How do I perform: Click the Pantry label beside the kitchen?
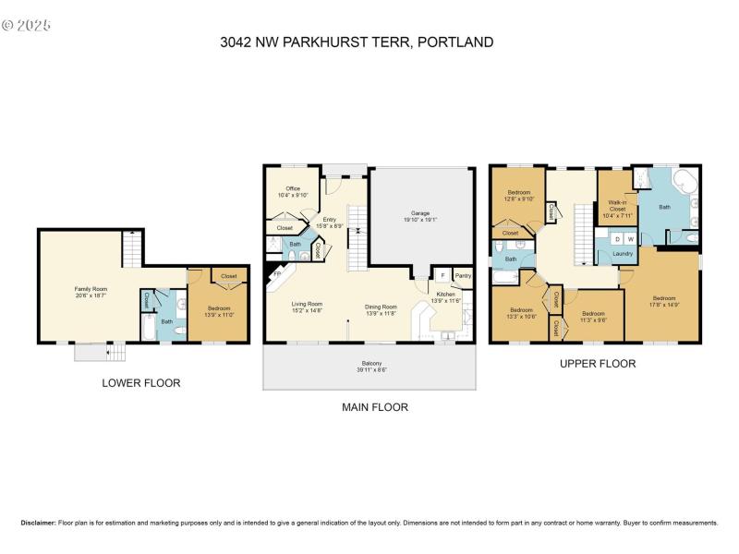(x=463, y=275)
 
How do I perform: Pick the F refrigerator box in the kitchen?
(x=443, y=275)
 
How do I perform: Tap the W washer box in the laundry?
(x=631, y=239)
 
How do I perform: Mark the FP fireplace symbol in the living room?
(x=275, y=274)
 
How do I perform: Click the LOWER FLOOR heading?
(x=142, y=382)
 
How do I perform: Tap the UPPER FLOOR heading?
(x=598, y=364)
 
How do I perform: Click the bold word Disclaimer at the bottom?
(x=38, y=523)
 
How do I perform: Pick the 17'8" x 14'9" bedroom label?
(x=665, y=302)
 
